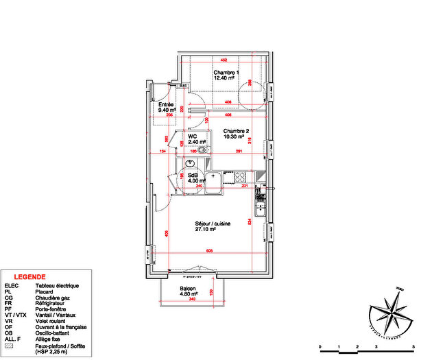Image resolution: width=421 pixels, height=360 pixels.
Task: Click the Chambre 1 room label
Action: pos(226,73)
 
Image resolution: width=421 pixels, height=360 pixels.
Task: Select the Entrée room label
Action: pos(166,104)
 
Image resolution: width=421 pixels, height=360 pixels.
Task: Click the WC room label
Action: pos(193,136)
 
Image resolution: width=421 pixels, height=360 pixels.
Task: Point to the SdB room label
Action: pos(193,174)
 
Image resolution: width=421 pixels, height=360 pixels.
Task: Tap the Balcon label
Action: pos(189,288)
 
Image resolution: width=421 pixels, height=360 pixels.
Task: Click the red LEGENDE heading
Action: pos(31,277)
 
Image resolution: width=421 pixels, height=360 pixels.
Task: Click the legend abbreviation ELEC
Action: pos(12,285)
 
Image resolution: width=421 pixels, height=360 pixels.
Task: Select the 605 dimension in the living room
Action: pos(209,252)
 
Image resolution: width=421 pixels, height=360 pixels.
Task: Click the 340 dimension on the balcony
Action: pos(192,300)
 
